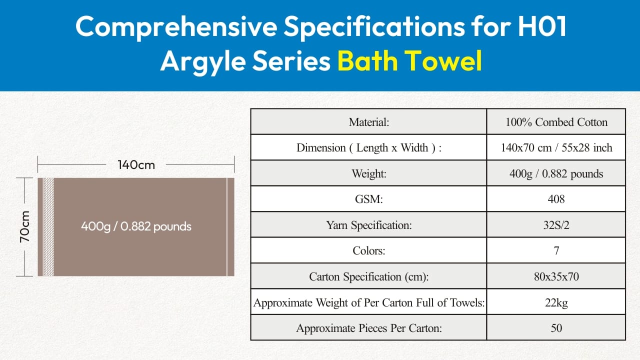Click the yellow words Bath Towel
pos(409,60)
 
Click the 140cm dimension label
pos(136,165)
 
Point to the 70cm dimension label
pos(25,227)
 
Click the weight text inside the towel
pos(136,226)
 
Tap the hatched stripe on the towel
pos(48,227)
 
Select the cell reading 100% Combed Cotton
pos(556,122)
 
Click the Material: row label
pos(369,122)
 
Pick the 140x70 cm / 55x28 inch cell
pos(556,147)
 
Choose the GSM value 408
pos(556,199)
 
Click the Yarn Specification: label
pos(369,225)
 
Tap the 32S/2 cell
pos(556,225)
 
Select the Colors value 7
pos(556,251)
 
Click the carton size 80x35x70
pos(556,276)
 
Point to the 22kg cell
pos(556,302)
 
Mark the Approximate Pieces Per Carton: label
pos(369,328)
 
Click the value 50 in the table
pos(556,328)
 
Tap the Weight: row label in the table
pos(369,173)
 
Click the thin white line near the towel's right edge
pos(227,227)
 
